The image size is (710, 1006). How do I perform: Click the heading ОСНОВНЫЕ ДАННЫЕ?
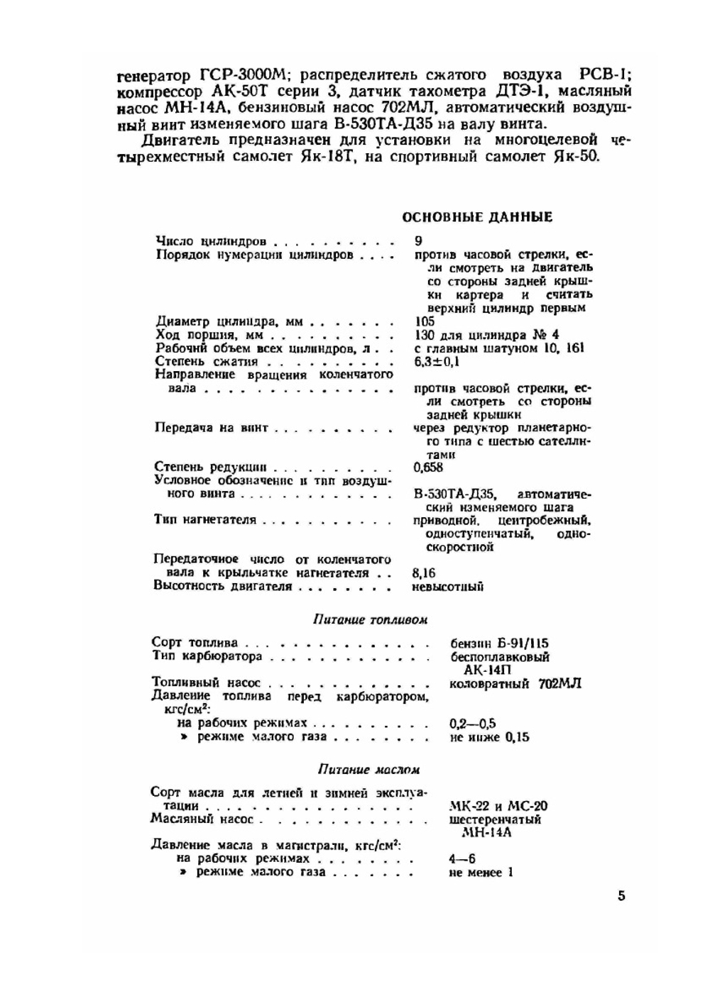477,217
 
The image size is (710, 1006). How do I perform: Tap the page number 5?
621,895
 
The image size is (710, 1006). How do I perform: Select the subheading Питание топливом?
370,619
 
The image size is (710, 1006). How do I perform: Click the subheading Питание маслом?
368,769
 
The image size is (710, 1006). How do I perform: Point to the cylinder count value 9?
418,241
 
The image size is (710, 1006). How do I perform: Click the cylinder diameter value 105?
424,321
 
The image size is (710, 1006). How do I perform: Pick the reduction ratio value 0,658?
428,467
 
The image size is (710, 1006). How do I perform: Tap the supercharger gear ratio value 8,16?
424,573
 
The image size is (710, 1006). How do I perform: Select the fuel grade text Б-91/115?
523,643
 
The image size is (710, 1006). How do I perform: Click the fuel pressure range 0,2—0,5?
472,724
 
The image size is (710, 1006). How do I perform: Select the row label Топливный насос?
207,684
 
